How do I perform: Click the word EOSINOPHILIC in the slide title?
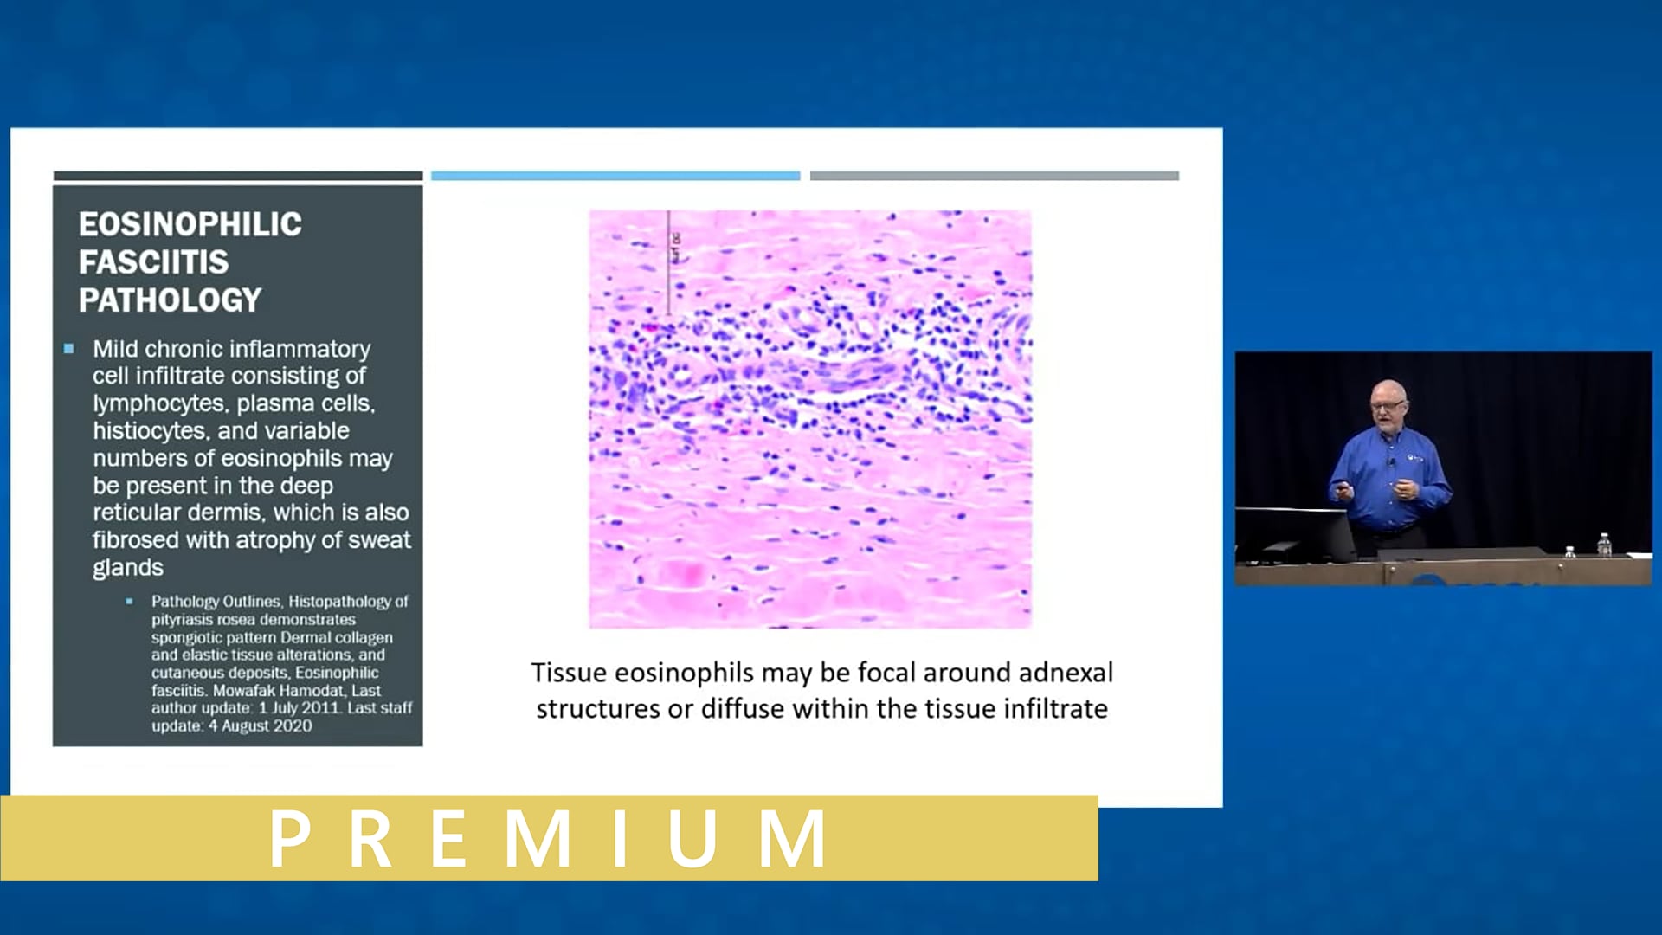(190, 224)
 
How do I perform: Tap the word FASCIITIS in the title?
(153, 262)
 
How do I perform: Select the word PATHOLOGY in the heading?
(170, 300)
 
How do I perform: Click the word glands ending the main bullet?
(128, 568)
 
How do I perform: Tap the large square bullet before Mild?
(69, 349)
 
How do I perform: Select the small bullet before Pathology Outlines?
(129, 601)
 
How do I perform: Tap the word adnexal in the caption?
(1066, 673)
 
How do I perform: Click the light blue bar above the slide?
(615, 176)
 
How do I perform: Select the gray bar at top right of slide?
(994, 176)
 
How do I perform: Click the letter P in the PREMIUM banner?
(290, 838)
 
